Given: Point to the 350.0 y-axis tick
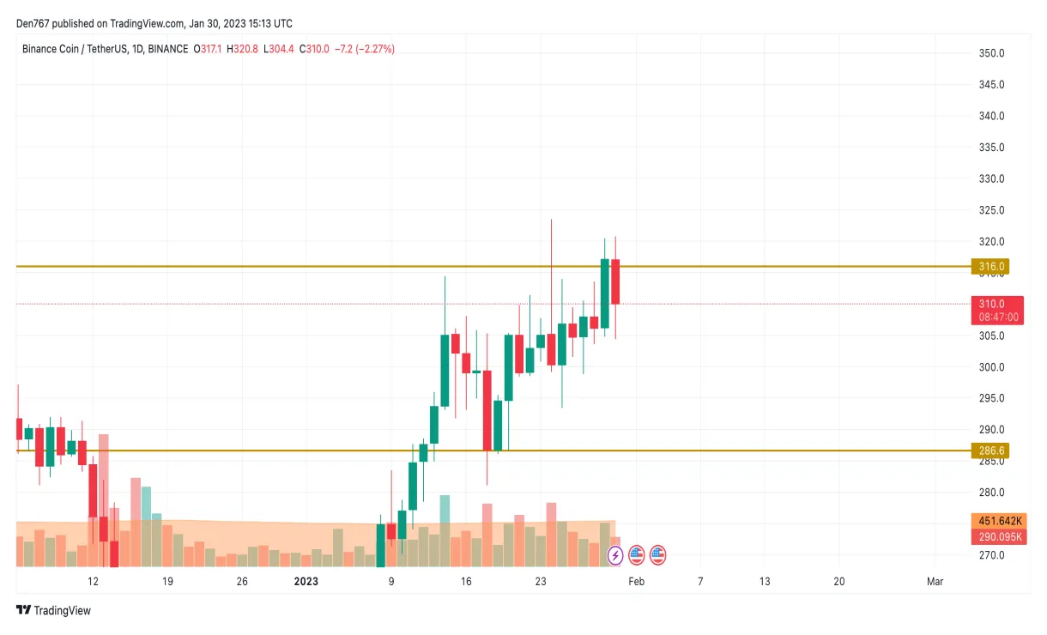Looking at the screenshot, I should pos(992,53).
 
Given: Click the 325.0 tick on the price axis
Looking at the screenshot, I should pos(992,210).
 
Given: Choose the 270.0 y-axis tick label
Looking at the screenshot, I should pos(992,555).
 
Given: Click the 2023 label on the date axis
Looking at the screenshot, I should pos(306,582).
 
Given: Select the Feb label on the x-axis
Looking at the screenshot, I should pos(636,582).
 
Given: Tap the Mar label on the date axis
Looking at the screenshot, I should pos(935,582).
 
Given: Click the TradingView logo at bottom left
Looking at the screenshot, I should pos(53,611).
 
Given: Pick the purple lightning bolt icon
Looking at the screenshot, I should pos(615,555).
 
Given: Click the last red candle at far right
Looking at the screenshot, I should pos(615,281).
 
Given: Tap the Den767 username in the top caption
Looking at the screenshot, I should pos(33,23).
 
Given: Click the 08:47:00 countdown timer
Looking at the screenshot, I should pos(999,317).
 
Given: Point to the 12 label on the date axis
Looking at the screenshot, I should pos(93,582).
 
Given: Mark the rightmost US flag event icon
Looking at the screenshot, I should pos(658,555).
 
